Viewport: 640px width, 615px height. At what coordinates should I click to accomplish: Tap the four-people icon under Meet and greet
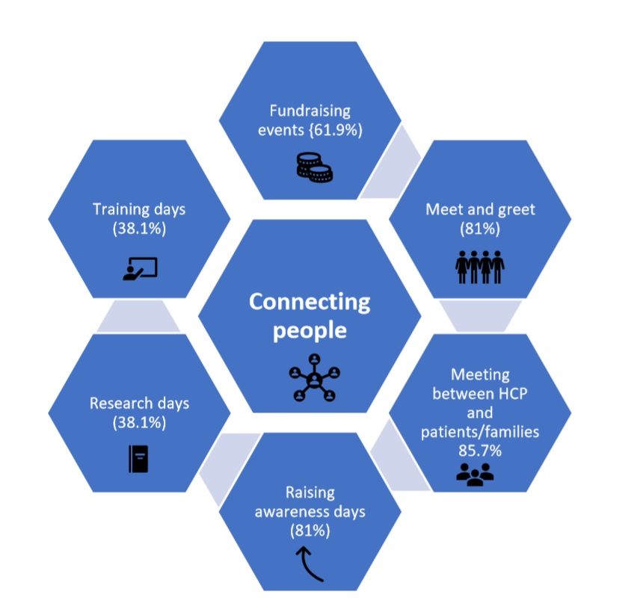[480, 265]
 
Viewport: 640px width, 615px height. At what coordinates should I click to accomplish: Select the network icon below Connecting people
[314, 378]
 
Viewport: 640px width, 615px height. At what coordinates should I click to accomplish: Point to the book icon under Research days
[138, 458]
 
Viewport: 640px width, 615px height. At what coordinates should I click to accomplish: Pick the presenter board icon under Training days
[140, 268]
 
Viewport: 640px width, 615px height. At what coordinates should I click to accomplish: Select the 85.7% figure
[480, 451]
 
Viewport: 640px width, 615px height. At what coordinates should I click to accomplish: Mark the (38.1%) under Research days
[139, 422]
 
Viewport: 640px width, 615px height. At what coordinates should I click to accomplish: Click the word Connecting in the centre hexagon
[310, 301]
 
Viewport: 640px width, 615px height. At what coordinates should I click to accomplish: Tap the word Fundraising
[310, 111]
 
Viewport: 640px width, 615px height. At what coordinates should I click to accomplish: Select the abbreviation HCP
[509, 393]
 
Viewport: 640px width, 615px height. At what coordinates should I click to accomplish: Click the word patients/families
[480, 432]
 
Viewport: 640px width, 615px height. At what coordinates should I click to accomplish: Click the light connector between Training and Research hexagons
[138, 317]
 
